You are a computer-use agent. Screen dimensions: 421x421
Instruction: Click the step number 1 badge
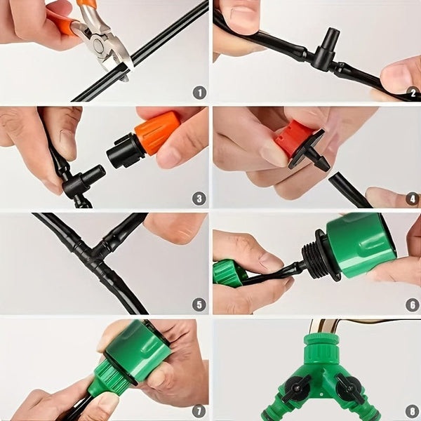(199, 92)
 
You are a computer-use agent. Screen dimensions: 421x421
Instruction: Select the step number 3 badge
(199, 199)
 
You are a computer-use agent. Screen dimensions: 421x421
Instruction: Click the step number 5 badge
(199, 305)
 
